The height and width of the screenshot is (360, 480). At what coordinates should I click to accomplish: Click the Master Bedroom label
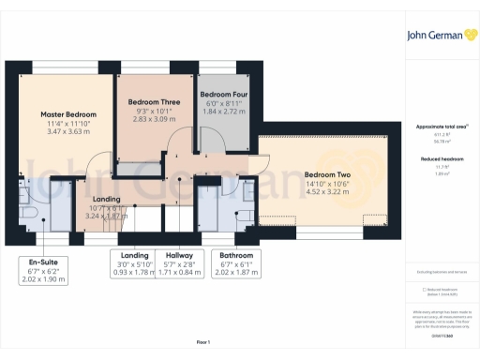click(x=64, y=115)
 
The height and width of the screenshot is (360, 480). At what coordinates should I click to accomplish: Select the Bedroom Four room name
click(x=223, y=95)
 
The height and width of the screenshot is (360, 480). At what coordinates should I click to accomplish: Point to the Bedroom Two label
click(x=326, y=174)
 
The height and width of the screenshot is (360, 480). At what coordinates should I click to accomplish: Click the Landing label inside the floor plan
click(x=105, y=198)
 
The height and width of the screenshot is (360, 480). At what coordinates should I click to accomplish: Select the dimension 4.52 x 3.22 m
click(x=326, y=195)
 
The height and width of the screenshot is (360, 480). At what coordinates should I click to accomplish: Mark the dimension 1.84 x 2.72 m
click(x=223, y=111)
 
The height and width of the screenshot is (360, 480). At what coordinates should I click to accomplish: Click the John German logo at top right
click(x=439, y=36)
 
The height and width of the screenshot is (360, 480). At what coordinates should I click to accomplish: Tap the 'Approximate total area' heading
click(x=441, y=126)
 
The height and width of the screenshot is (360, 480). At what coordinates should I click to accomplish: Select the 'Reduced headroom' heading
click(x=441, y=160)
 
